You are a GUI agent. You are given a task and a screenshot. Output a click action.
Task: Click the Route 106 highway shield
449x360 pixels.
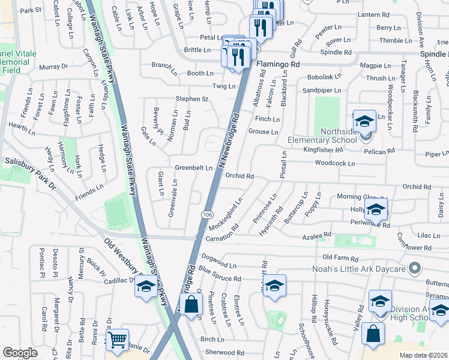(207, 215)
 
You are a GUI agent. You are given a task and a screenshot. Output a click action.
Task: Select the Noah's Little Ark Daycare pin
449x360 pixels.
(414, 268)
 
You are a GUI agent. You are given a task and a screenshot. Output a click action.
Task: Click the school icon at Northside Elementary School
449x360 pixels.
(364, 122)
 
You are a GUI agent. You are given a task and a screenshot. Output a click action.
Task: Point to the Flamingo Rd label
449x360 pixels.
(278, 63)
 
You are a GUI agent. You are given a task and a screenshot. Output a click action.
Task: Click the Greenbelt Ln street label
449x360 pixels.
(193, 168)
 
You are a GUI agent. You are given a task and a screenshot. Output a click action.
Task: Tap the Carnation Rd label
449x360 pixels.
(223, 234)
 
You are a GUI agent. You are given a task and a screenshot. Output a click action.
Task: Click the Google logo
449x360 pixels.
(20, 353)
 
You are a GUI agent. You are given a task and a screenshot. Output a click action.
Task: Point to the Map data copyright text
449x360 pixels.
(423, 355)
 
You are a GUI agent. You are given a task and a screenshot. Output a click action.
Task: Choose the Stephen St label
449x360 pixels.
(191, 99)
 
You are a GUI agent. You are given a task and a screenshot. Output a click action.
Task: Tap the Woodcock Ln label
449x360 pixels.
(334, 163)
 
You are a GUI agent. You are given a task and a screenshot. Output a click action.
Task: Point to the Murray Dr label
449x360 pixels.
(55, 67)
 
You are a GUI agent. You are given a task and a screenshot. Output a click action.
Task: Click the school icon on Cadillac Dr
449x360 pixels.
(145, 287)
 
